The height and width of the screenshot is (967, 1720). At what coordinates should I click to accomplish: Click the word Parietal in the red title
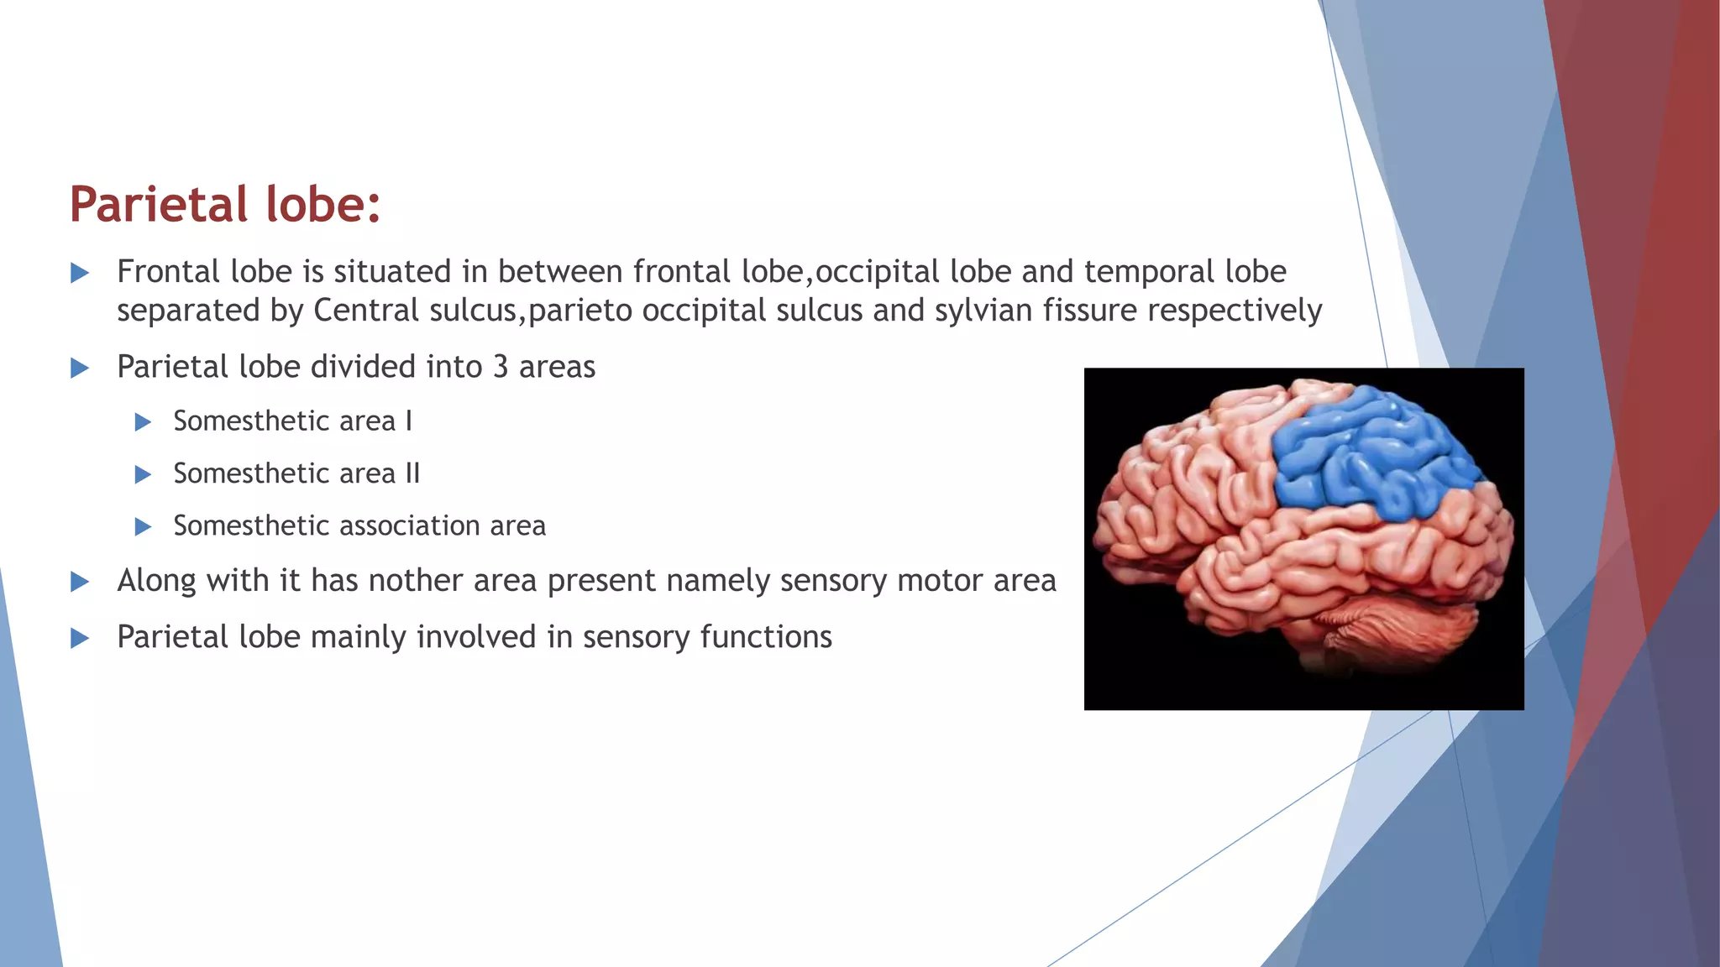point(159,204)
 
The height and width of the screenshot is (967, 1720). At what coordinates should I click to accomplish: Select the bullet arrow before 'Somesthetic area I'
point(143,421)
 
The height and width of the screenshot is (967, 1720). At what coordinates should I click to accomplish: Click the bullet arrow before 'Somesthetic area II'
point(143,474)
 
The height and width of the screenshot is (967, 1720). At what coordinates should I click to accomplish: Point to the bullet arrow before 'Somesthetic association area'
point(143,526)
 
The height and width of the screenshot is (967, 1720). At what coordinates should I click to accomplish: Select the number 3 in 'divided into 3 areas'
point(501,367)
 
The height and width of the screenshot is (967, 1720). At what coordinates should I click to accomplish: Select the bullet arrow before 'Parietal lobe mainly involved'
point(80,638)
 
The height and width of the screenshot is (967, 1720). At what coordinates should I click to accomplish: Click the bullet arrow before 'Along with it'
point(80,582)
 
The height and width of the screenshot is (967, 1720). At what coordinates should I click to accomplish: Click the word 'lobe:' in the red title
point(323,204)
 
